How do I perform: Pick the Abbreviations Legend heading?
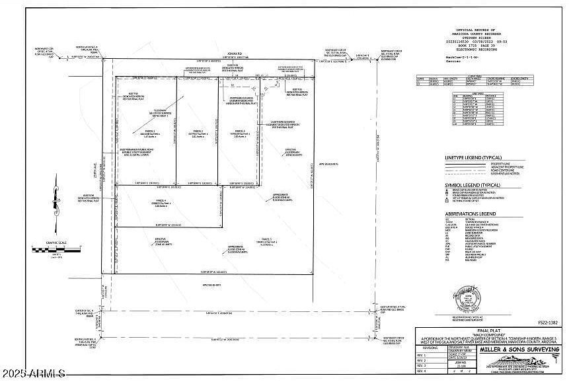(x=471, y=214)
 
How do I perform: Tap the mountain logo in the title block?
(x=522, y=360)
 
